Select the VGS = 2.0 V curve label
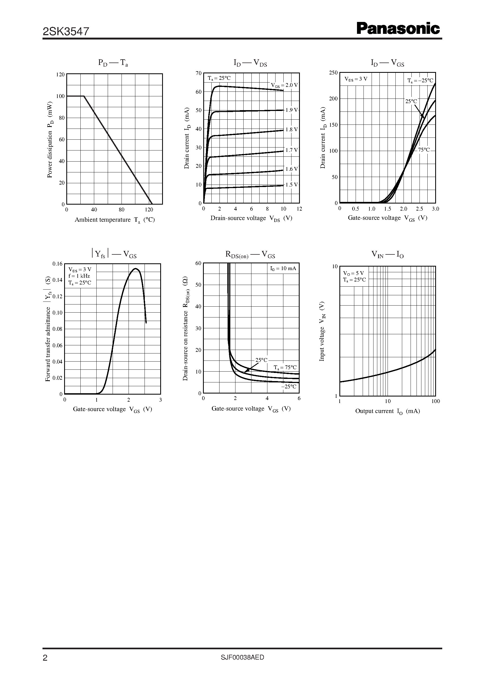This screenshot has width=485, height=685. point(284,85)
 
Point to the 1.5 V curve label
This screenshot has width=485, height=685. point(291,185)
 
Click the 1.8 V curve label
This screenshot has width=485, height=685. point(291,130)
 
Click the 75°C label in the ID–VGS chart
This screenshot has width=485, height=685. point(424,150)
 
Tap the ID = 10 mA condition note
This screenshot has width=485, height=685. point(283,268)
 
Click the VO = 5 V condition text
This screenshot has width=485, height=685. point(353,273)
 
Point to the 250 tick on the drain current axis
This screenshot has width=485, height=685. point(333,73)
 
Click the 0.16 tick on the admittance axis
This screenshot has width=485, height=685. point(57,264)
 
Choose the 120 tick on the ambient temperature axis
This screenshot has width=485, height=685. point(149,210)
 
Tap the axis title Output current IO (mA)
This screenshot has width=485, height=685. point(387,411)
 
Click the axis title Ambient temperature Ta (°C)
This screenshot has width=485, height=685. point(115,220)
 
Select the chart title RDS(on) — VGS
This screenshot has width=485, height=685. point(250,254)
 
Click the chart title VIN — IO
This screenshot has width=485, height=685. point(387,254)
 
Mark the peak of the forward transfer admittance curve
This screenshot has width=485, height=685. point(135,268)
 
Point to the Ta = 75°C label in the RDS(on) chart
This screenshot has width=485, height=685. point(285,367)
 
